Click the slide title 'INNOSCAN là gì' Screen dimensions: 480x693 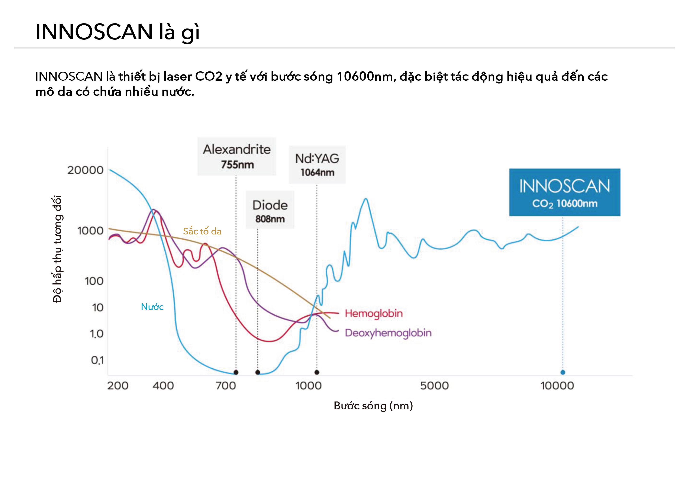117,32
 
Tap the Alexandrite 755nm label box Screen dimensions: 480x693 236,156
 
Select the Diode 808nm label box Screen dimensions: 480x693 270,210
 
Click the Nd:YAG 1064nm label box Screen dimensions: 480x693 317,164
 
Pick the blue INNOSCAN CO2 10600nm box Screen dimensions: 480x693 564,192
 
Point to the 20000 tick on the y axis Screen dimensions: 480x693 85,170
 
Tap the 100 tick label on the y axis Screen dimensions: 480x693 94,281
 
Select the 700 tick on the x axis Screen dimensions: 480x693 226,385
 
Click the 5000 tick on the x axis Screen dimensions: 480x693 434,385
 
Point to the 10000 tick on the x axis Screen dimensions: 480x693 557,385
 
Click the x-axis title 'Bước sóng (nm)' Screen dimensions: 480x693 373,406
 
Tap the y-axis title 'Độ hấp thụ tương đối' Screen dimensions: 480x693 57,249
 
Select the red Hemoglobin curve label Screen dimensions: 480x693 374,313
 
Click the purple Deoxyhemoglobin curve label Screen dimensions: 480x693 388,333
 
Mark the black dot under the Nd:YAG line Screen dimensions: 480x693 317,372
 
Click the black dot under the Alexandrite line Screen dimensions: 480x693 236,372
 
